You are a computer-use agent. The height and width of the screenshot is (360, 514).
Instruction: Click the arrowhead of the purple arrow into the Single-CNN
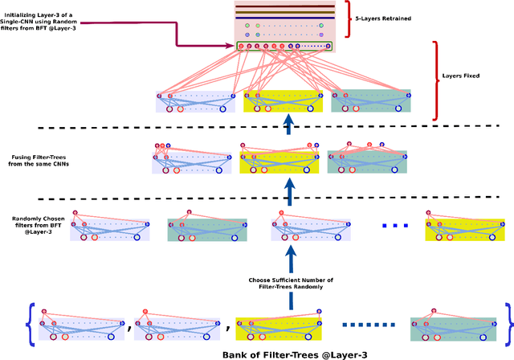click(230, 45)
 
